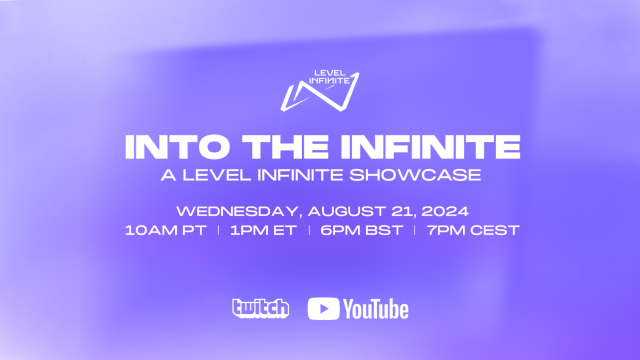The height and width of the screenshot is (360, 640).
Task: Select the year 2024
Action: pyautogui.click(x=445, y=211)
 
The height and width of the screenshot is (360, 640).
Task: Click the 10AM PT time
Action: pyautogui.click(x=166, y=230)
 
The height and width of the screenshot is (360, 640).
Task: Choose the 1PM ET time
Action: pyautogui.click(x=263, y=230)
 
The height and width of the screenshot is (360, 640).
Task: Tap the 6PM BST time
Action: pyautogui.click(x=361, y=230)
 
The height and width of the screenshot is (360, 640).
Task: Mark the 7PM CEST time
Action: pyautogui.click(x=473, y=230)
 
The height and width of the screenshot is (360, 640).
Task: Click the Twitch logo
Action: pyautogui.click(x=260, y=308)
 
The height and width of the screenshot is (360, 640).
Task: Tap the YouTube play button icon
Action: pyautogui.click(x=323, y=308)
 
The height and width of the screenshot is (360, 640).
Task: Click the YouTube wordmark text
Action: pyautogui.click(x=376, y=309)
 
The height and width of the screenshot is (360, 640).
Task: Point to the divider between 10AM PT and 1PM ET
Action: pyautogui.click(x=218, y=230)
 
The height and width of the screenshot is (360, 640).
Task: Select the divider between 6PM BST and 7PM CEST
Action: pyautogui.click(x=414, y=230)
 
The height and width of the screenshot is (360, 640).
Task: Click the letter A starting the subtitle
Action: pyautogui.click(x=167, y=175)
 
